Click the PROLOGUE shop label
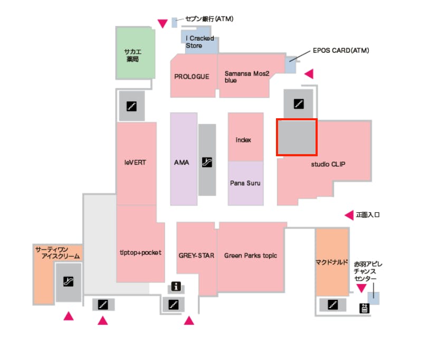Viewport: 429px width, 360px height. (x=192, y=77)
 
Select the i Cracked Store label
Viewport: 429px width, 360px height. (x=200, y=42)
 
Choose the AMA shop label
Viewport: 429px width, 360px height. (x=182, y=163)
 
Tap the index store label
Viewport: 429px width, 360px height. (x=243, y=140)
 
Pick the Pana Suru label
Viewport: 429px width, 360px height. (x=245, y=183)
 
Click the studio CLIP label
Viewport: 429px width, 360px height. (x=328, y=164)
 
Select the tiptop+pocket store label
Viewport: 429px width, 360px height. (x=140, y=253)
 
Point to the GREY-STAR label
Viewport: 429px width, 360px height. (x=196, y=255)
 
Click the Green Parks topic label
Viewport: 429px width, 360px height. (x=251, y=255)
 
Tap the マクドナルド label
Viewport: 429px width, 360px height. (x=332, y=261)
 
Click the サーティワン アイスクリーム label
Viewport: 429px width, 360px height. (x=58, y=252)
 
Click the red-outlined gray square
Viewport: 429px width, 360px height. (x=297, y=137)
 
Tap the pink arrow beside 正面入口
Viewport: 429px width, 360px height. (x=349, y=215)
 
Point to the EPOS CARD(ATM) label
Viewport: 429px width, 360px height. (x=340, y=51)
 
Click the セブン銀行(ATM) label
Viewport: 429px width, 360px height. (x=209, y=19)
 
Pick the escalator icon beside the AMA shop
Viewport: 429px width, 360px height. (x=207, y=162)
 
